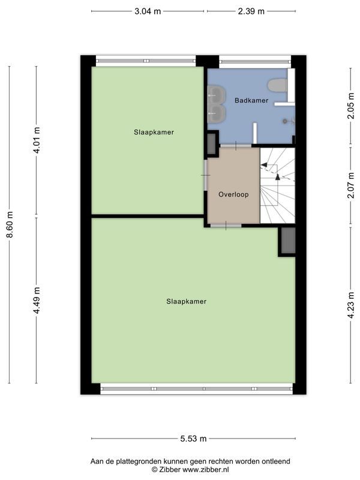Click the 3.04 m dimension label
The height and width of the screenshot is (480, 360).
click(x=148, y=11)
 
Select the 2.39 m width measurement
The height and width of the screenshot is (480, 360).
click(x=251, y=11)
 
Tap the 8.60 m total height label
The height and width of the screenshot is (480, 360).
click(x=9, y=224)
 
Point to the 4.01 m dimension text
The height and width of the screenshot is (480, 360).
click(x=36, y=140)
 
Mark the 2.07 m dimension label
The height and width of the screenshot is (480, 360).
click(x=350, y=185)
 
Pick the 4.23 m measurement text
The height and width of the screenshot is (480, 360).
click(x=350, y=304)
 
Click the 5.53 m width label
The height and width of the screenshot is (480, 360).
click(x=193, y=439)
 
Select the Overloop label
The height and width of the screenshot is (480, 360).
click(x=233, y=194)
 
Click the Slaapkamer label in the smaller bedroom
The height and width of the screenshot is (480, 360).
click(x=154, y=132)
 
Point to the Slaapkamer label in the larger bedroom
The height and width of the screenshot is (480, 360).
click(x=186, y=301)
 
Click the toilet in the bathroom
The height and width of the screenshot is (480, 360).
click(x=278, y=85)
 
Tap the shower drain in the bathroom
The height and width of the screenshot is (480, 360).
click(x=286, y=120)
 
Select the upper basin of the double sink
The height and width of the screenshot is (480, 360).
click(x=215, y=94)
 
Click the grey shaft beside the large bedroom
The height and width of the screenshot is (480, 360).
click(x=287, y=241)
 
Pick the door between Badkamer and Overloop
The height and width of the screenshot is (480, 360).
click(x=235, y=145)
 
